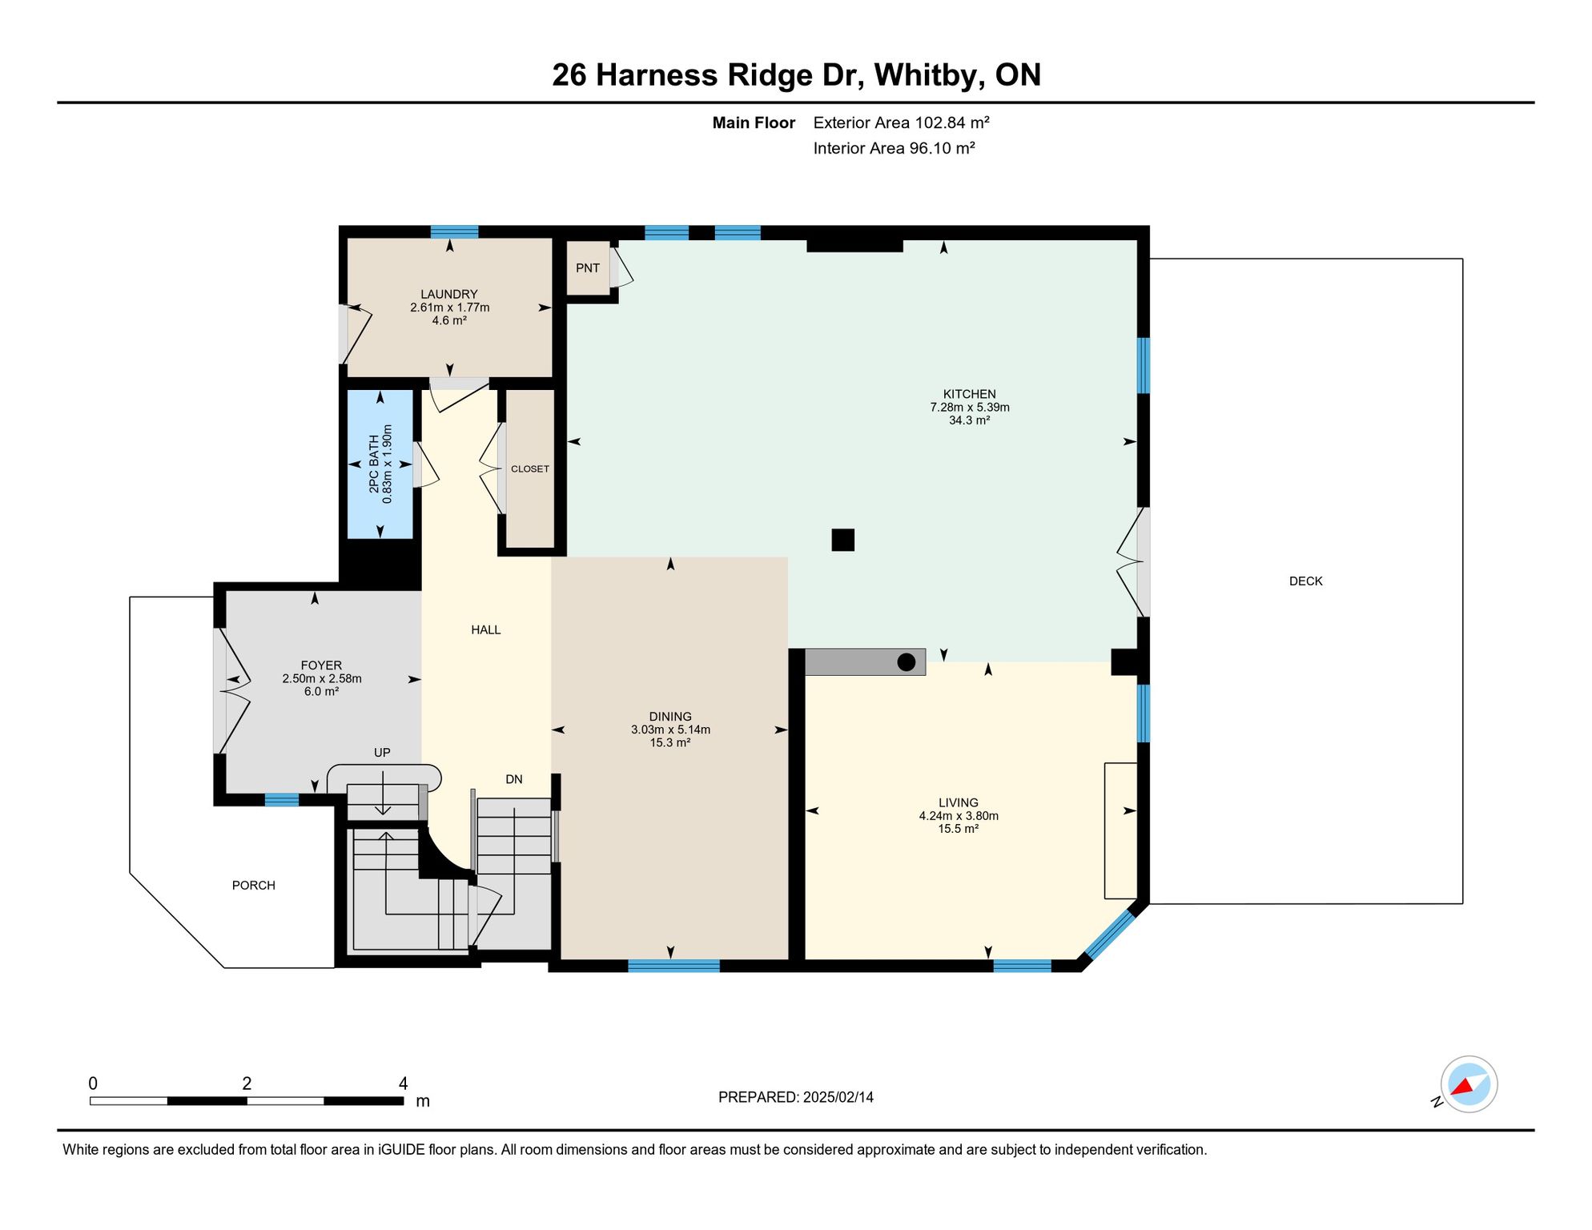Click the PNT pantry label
(588, 268)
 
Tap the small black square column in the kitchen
(842, 540)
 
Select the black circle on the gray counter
(906, 662)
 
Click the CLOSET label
(530, 469)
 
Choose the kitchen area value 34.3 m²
(970, 420)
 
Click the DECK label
(1305, 581)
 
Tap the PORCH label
(254, 886)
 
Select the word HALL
(486, 630)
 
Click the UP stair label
(382, 753)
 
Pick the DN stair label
(514, 779)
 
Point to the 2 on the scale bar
(247, 1083)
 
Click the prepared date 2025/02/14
(838, 1097)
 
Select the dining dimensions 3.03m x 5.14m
(670, 730)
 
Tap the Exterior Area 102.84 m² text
(902, 123)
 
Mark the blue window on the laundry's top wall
(454, 232)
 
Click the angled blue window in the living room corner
(1109, 933)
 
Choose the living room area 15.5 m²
(959, 829)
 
